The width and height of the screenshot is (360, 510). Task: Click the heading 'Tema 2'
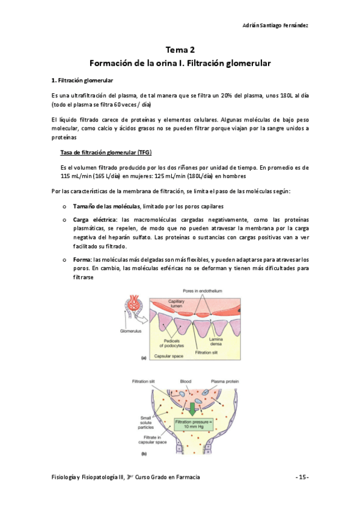pos(180,51)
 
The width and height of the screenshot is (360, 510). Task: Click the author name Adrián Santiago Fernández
pos(276,25)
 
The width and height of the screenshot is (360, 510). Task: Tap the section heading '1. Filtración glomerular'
pos(82,80)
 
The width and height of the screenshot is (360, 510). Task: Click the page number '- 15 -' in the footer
pos(302,476)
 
